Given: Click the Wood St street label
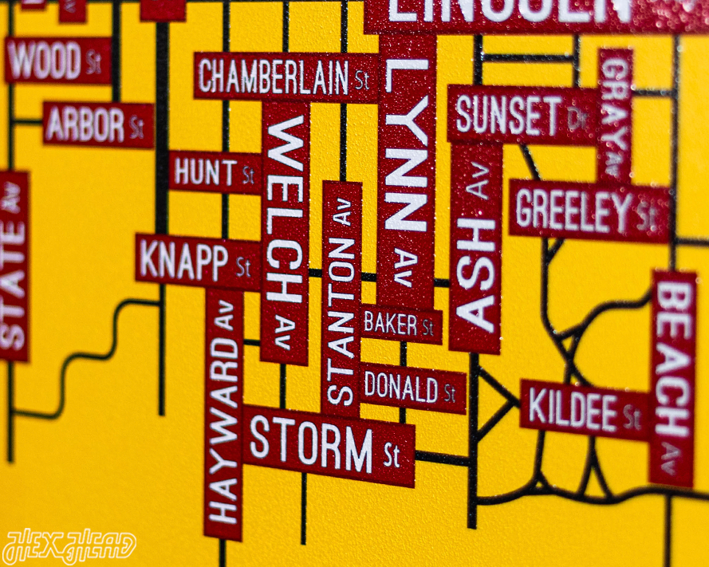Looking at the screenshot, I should [58, 61].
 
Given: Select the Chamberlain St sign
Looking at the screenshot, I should [286, 77].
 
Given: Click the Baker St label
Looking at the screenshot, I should [399, 324].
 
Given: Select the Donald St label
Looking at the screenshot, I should [411, 388].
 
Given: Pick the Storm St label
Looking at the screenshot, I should [327, 445].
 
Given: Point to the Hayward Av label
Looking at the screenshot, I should [224, 415].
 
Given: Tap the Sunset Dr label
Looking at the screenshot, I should [522, 115].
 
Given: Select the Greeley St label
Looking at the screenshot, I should [589, 211].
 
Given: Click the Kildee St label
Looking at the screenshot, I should [585, 409].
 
